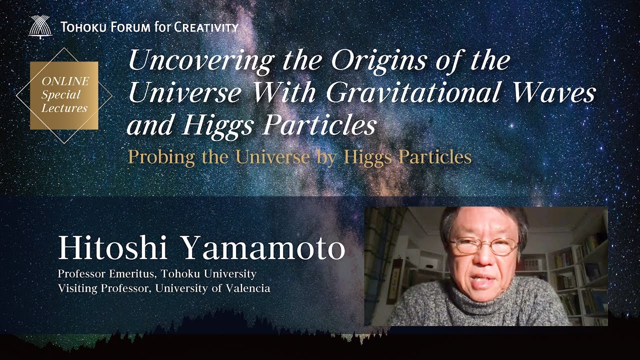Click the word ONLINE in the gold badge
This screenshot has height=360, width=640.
(x=65, y=81)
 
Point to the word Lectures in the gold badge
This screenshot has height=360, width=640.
(x=64, y=107)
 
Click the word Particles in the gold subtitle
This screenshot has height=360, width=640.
(x=434, y=156)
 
